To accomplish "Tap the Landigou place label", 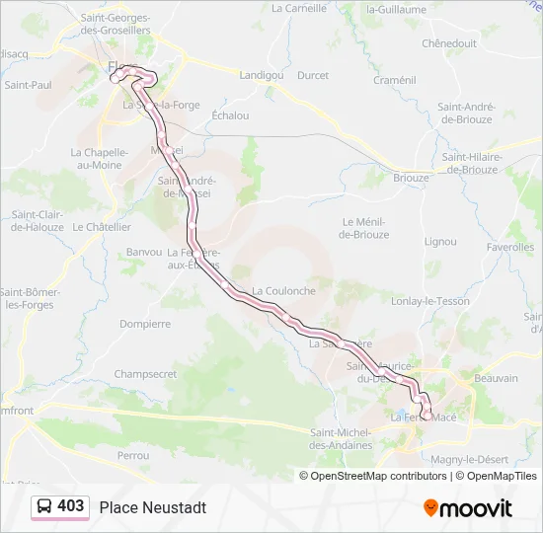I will [261, 74].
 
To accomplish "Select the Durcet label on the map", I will [313, 75].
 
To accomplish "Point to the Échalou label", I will [230, 114].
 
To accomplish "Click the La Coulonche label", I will [283, 291].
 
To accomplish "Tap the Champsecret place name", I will [145, 374].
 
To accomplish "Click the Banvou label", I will [144, 252].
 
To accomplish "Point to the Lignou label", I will [439, 241].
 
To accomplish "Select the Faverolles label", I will [510, 247].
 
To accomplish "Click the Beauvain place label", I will [496, 378].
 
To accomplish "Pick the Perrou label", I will [132, 455].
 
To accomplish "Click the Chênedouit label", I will [449, 43].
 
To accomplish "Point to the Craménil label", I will [395, 79].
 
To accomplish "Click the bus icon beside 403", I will [44, 506].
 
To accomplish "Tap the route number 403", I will [70, 506].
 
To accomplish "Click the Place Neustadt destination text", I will [153, 507].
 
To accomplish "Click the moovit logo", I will [468, 508].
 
